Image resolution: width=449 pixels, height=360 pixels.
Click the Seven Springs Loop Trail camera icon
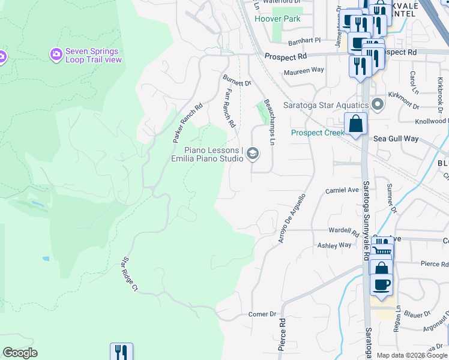click(x=56, y=55)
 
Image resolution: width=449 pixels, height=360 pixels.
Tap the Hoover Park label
click(x=277, y=19)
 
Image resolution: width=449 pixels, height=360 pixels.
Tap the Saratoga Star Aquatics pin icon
click(x=378, y=105)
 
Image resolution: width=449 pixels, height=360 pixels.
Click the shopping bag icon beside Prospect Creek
click(x=355, y=124)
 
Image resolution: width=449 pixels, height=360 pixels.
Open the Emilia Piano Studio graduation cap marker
click(x=253, y=154)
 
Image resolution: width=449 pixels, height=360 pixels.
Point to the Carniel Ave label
click(x=342, y=190)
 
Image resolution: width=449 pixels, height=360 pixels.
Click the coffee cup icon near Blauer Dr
click(x=381, y=284)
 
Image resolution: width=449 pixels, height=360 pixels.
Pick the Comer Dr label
click(x=262, y=314)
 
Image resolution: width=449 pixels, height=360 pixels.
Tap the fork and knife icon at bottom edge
click(x=121, y=352)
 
